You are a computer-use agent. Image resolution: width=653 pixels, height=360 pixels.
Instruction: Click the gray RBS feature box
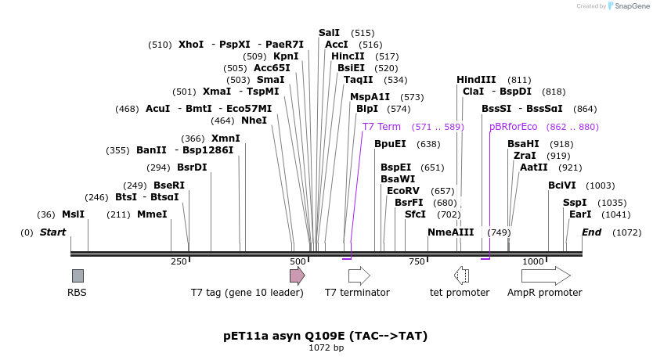coord(78,275)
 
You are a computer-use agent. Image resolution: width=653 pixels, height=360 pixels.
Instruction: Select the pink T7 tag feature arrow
coord(297,275)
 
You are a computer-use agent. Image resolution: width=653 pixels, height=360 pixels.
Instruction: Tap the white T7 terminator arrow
coord(359,275)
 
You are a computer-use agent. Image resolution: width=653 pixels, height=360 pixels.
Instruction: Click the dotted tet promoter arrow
coord(461,275)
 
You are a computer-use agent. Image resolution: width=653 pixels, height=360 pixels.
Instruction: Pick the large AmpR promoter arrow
coord(546,275)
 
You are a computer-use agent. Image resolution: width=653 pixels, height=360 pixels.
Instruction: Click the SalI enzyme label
coord(329,33)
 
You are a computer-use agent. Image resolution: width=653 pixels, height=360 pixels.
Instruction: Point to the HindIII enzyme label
coord(476,80)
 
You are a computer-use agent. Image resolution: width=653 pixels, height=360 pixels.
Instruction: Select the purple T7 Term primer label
coord(381,127)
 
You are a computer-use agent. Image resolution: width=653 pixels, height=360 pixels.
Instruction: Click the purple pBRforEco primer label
coord(513,127)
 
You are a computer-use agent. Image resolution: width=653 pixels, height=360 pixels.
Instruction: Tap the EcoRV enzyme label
coord(403,191)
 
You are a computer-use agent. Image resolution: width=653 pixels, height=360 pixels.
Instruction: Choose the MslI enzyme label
coord(73,214)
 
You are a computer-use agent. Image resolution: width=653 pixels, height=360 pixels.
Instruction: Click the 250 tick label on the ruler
coord(179,261)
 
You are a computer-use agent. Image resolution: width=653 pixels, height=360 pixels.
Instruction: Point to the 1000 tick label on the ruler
coord(533,261)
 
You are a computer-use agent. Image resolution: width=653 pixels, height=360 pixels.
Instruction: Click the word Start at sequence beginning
coord(52,232)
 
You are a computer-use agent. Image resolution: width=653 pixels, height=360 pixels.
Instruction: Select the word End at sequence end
coord(591,232)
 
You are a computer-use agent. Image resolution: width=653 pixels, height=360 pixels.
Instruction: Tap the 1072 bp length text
coord(326,348)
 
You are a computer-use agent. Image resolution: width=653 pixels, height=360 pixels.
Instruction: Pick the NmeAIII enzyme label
coord(451,232)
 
